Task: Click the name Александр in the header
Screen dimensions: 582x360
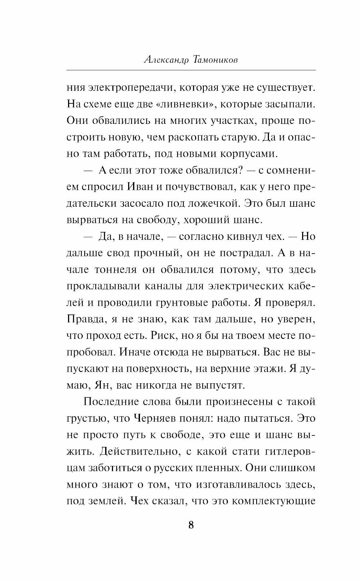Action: point(162,60)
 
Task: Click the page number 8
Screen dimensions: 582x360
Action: point(191,525)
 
